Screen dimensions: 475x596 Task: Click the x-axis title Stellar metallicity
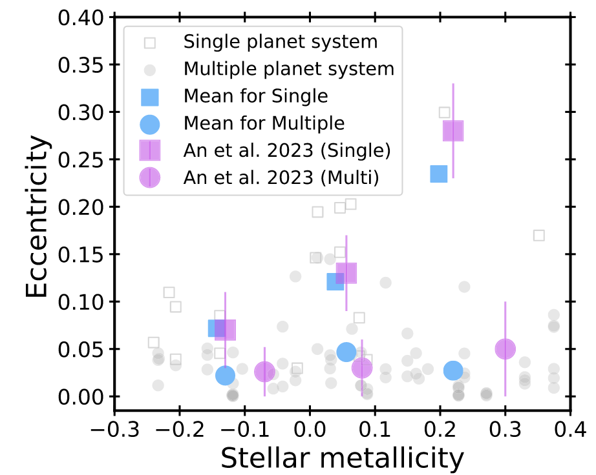point(343,458)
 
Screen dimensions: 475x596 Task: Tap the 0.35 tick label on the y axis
point(81,65)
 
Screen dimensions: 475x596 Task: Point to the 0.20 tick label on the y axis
point(81,207)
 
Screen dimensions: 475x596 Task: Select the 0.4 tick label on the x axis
point(569,429)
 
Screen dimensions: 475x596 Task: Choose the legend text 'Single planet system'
point(281,43)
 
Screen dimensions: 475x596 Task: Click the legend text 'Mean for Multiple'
point(264,122)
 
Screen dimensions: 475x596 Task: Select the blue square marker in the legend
point(150,97)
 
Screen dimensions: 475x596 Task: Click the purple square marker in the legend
point(150,150)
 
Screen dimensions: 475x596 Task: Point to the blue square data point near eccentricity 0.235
point(439,174)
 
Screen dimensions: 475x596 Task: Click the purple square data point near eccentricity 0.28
point(453,131)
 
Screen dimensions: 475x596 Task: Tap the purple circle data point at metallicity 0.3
point(505,349)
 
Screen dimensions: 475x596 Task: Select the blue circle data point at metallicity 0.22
point(453,370)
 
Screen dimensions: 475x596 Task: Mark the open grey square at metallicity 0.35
point(538,236)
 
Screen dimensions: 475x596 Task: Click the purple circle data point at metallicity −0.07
point(264,372)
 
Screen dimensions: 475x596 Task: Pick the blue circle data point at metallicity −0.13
point(225,375)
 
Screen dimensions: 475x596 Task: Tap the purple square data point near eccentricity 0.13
point(346,273)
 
